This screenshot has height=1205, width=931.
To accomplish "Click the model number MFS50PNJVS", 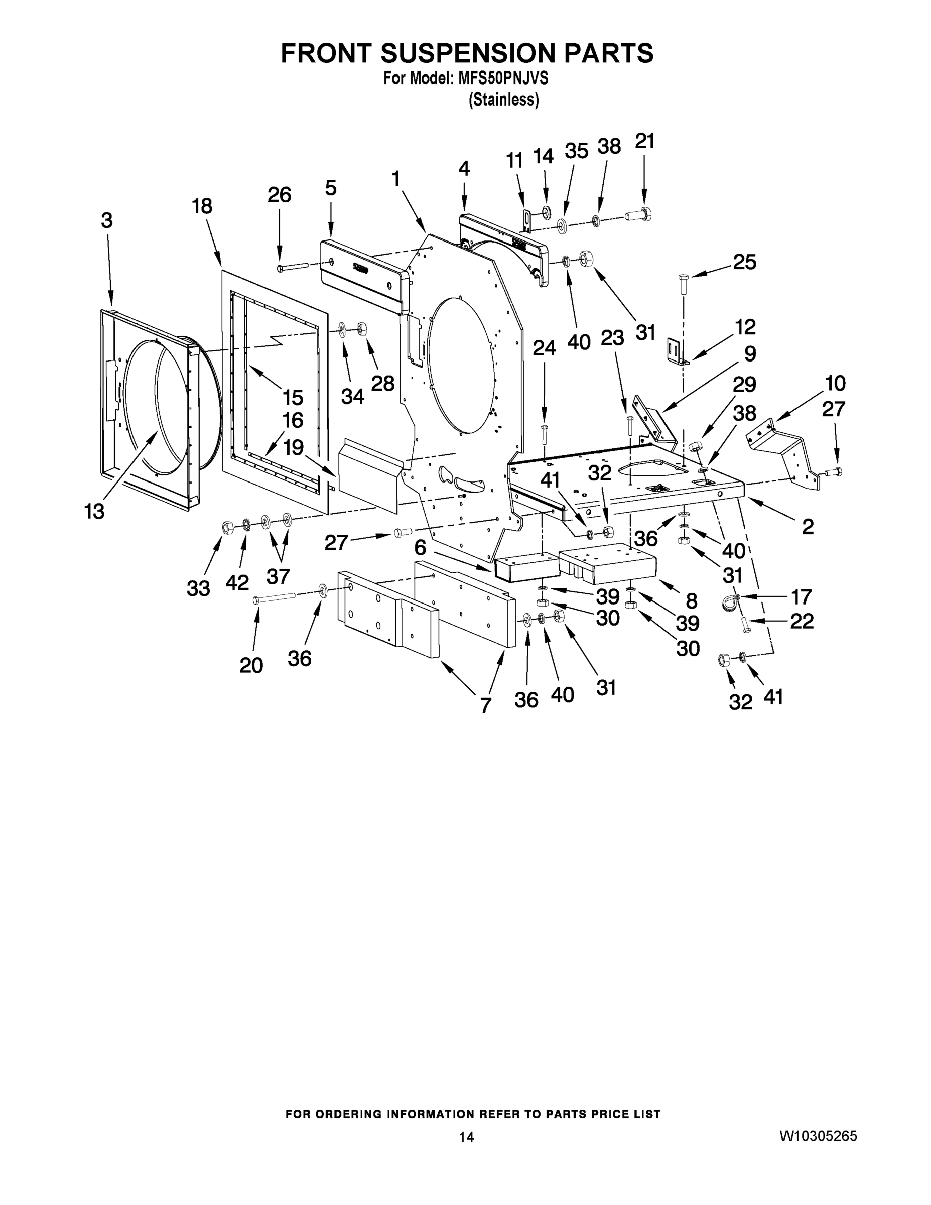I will pos(502,79).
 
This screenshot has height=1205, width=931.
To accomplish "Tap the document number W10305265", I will pos(819,1136).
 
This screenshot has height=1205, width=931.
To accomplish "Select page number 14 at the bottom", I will pos(467,1137).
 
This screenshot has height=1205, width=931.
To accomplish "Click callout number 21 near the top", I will pos(644,141).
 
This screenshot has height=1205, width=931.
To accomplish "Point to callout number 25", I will pos(744,262).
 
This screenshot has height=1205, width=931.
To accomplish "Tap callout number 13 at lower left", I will pos(94,512).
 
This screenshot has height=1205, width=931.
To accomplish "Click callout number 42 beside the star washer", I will pos(237,582).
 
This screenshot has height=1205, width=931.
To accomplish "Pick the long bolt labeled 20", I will pos(274,597).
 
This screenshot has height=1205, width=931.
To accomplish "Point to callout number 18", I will pos(202,206).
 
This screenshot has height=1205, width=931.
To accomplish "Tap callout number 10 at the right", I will pos(835,383).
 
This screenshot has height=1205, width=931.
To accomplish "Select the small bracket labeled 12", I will pos(676,352).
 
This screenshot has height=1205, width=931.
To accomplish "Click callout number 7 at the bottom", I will pos(485,704).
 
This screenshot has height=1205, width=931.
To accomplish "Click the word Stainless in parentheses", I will pos(503,100).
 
